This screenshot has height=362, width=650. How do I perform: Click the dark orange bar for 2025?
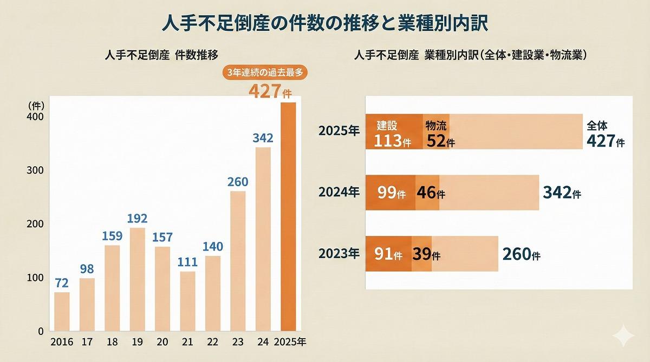coord(288,216)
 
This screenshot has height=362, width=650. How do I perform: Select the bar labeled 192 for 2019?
coord(138,279)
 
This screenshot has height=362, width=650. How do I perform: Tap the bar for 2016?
coord(62,311)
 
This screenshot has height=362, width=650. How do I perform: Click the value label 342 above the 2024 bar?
coord(263,139)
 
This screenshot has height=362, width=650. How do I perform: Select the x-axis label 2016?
coord(61,342)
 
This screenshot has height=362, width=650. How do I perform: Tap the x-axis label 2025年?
coord(290,342)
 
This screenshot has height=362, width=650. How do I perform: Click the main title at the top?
coord(325,24)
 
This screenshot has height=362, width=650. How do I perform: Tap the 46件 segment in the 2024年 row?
coord(428,193)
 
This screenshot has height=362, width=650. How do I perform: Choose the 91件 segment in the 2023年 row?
coord(389,254)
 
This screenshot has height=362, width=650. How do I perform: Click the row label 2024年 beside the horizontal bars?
coord(339,192)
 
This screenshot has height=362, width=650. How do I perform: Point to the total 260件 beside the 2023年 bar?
coord(522,253)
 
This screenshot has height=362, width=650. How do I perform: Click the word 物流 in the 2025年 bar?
coord(435,126)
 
